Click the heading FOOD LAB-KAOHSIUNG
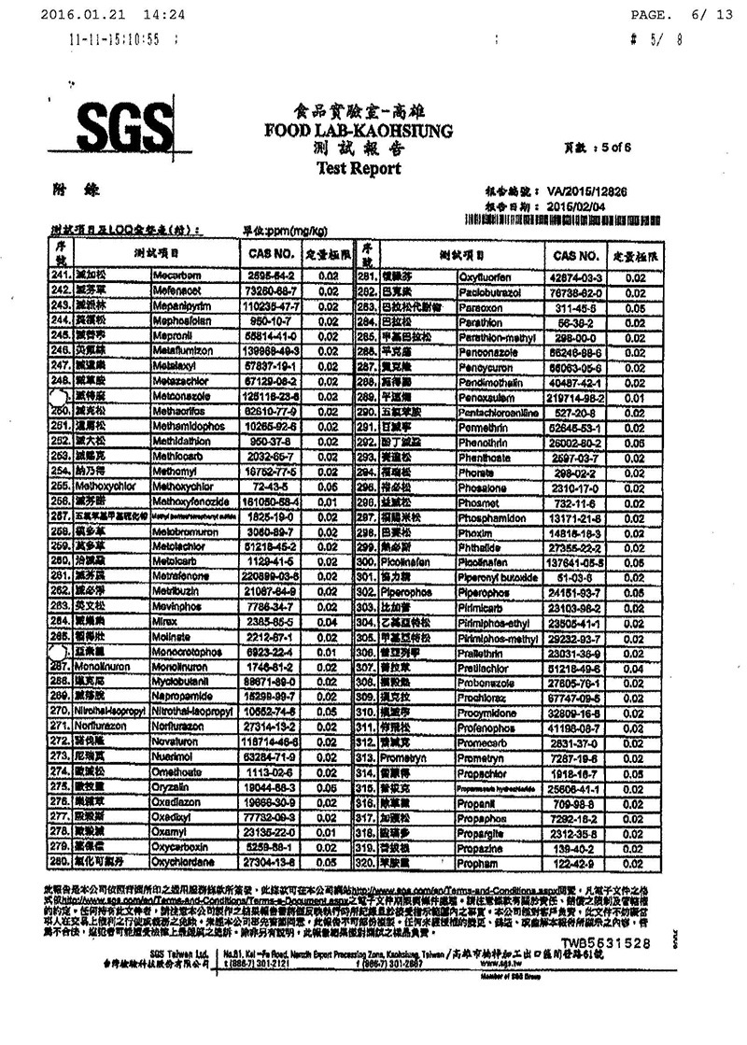tap(345, 130)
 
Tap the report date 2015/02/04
tap(569, 205)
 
